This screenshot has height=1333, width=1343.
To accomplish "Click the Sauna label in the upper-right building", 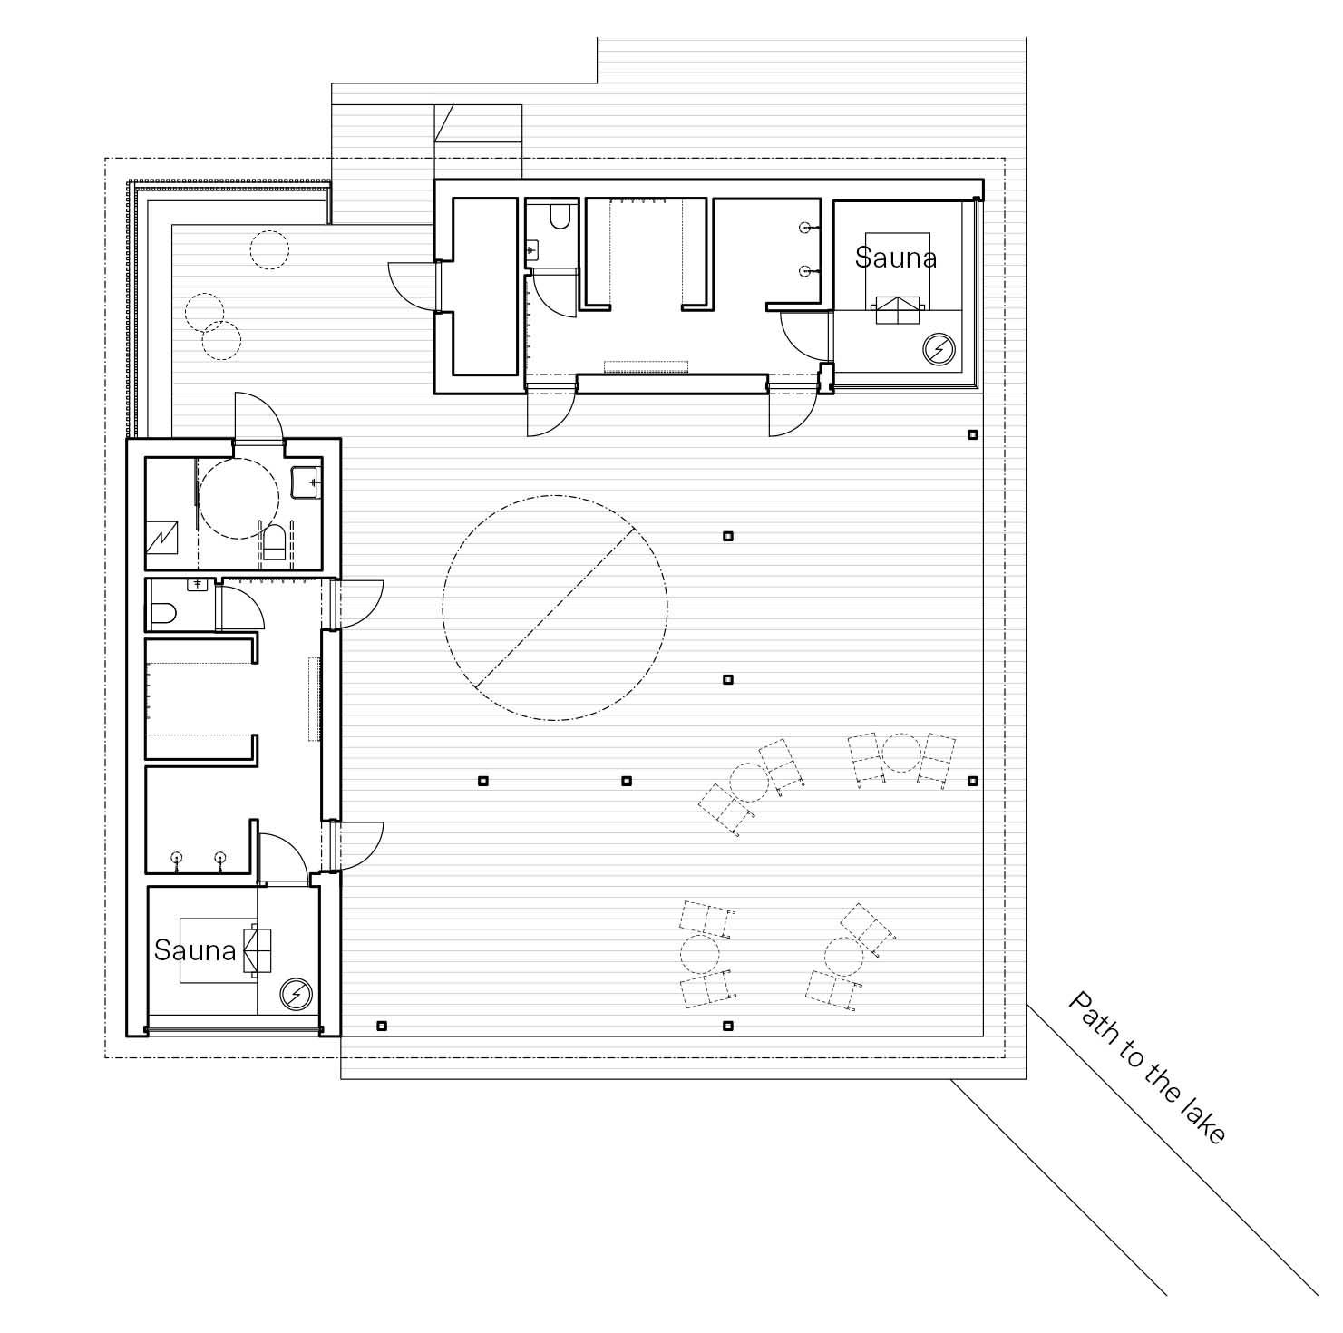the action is click(x=895, y=258).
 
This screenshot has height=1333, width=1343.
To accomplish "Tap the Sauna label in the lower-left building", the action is click(x=195, y=950).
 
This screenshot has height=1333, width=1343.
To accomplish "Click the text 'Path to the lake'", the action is click(x=1147, y=1066).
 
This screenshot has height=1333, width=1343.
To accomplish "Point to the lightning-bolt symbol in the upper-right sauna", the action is click(x=939, y=348).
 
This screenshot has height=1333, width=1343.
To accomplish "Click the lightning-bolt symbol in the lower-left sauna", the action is click(x=295, y=995).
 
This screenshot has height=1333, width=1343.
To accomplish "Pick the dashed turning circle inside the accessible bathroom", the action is click(x=199, y=499).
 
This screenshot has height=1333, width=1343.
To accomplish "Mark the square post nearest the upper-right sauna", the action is click(x=973, y=434).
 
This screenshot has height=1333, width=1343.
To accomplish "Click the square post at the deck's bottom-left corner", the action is click(x=382, y=1026).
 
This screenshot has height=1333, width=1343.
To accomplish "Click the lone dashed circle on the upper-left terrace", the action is click(x=269, y=248).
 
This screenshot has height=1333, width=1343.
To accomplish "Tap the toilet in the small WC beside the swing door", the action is click(x=163, y=616).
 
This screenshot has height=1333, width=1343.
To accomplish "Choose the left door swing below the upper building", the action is click(x=551, y=414).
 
